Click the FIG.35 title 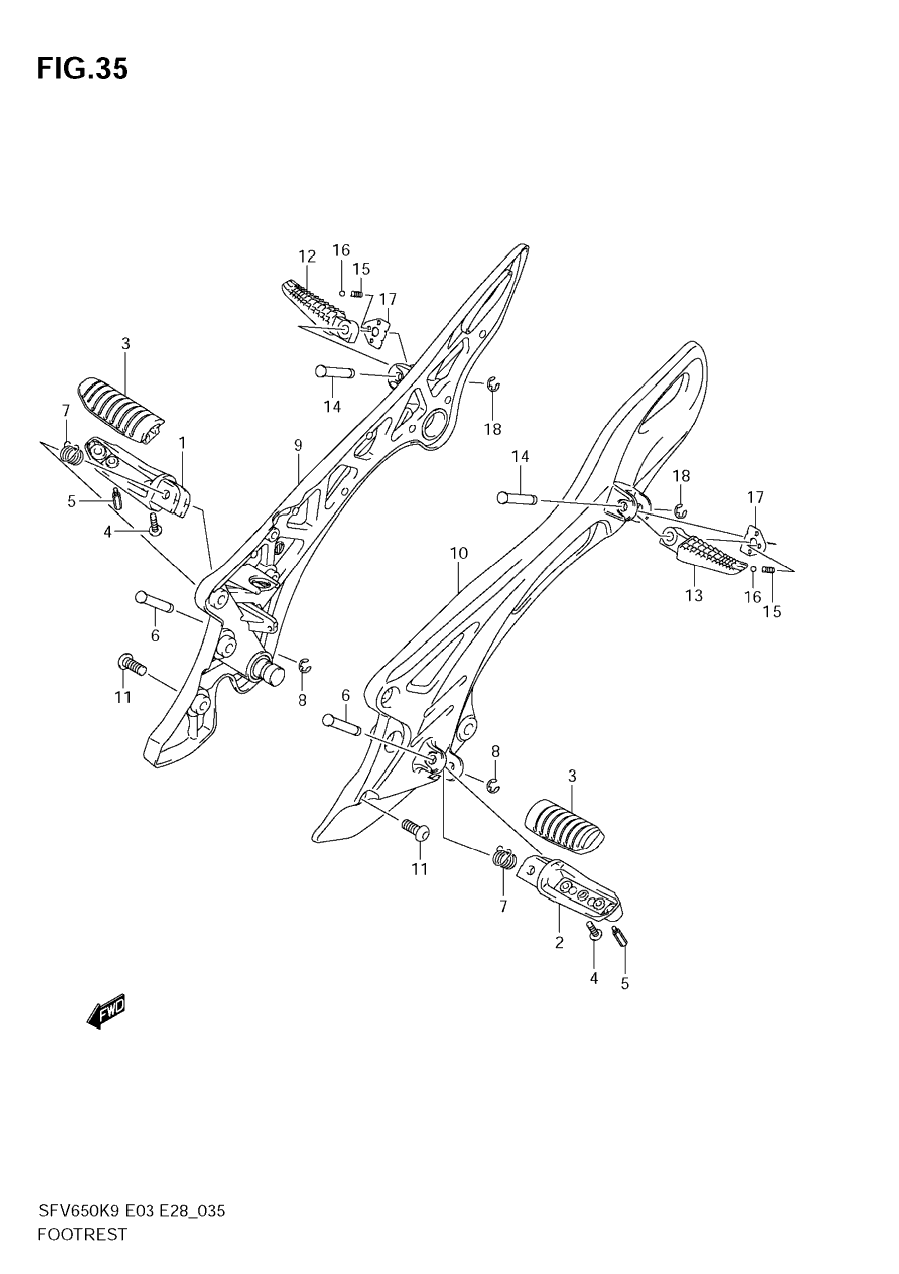point(82,69)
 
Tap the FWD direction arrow point(106,1011)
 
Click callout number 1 point(182,443)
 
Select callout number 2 point(559,942)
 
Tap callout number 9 point(298,445)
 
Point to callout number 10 point(459,553)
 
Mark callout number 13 point(694,595)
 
